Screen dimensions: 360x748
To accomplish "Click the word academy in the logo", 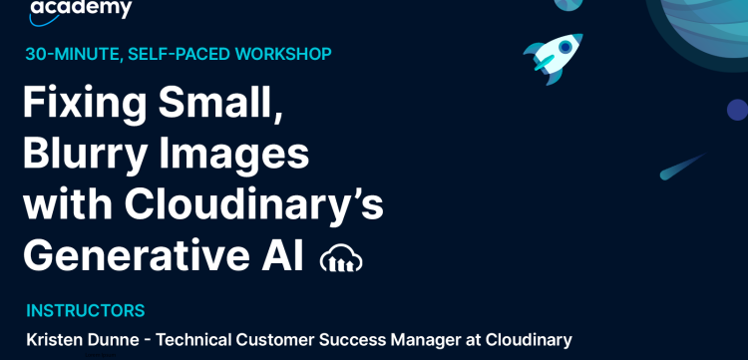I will click(x=81, y=9).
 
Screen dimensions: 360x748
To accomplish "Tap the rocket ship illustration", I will click(x=554, y=54).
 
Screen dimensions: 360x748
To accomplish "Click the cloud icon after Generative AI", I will click(x=341, y=259).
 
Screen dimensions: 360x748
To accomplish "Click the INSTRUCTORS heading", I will click(x=86, y=310).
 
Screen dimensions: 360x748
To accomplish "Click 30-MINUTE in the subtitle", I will click(x=68, y=53).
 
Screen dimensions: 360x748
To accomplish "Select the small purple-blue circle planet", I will click(x=737, y=110).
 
